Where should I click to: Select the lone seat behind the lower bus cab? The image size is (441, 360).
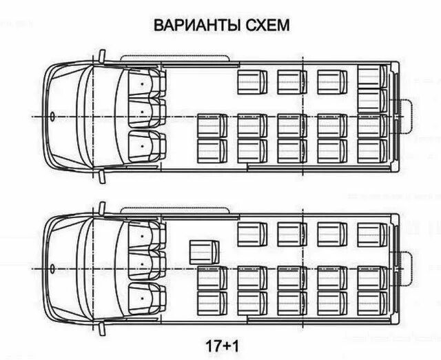(203, 251)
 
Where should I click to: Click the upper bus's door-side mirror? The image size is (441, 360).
(101, 54)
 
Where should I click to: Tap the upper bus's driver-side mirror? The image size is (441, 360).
(101, 178)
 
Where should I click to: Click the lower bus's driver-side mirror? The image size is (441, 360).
(101, 330)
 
